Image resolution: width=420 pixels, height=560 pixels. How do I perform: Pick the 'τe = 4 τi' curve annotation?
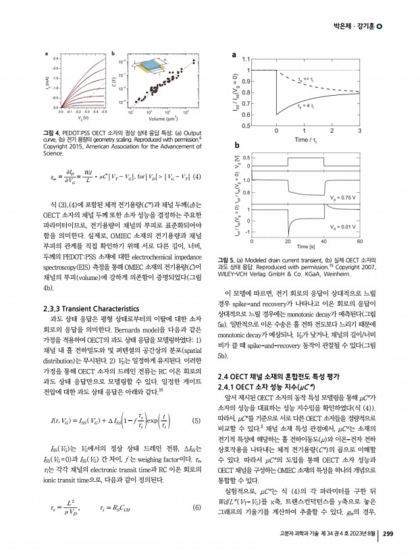coord(306,107)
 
